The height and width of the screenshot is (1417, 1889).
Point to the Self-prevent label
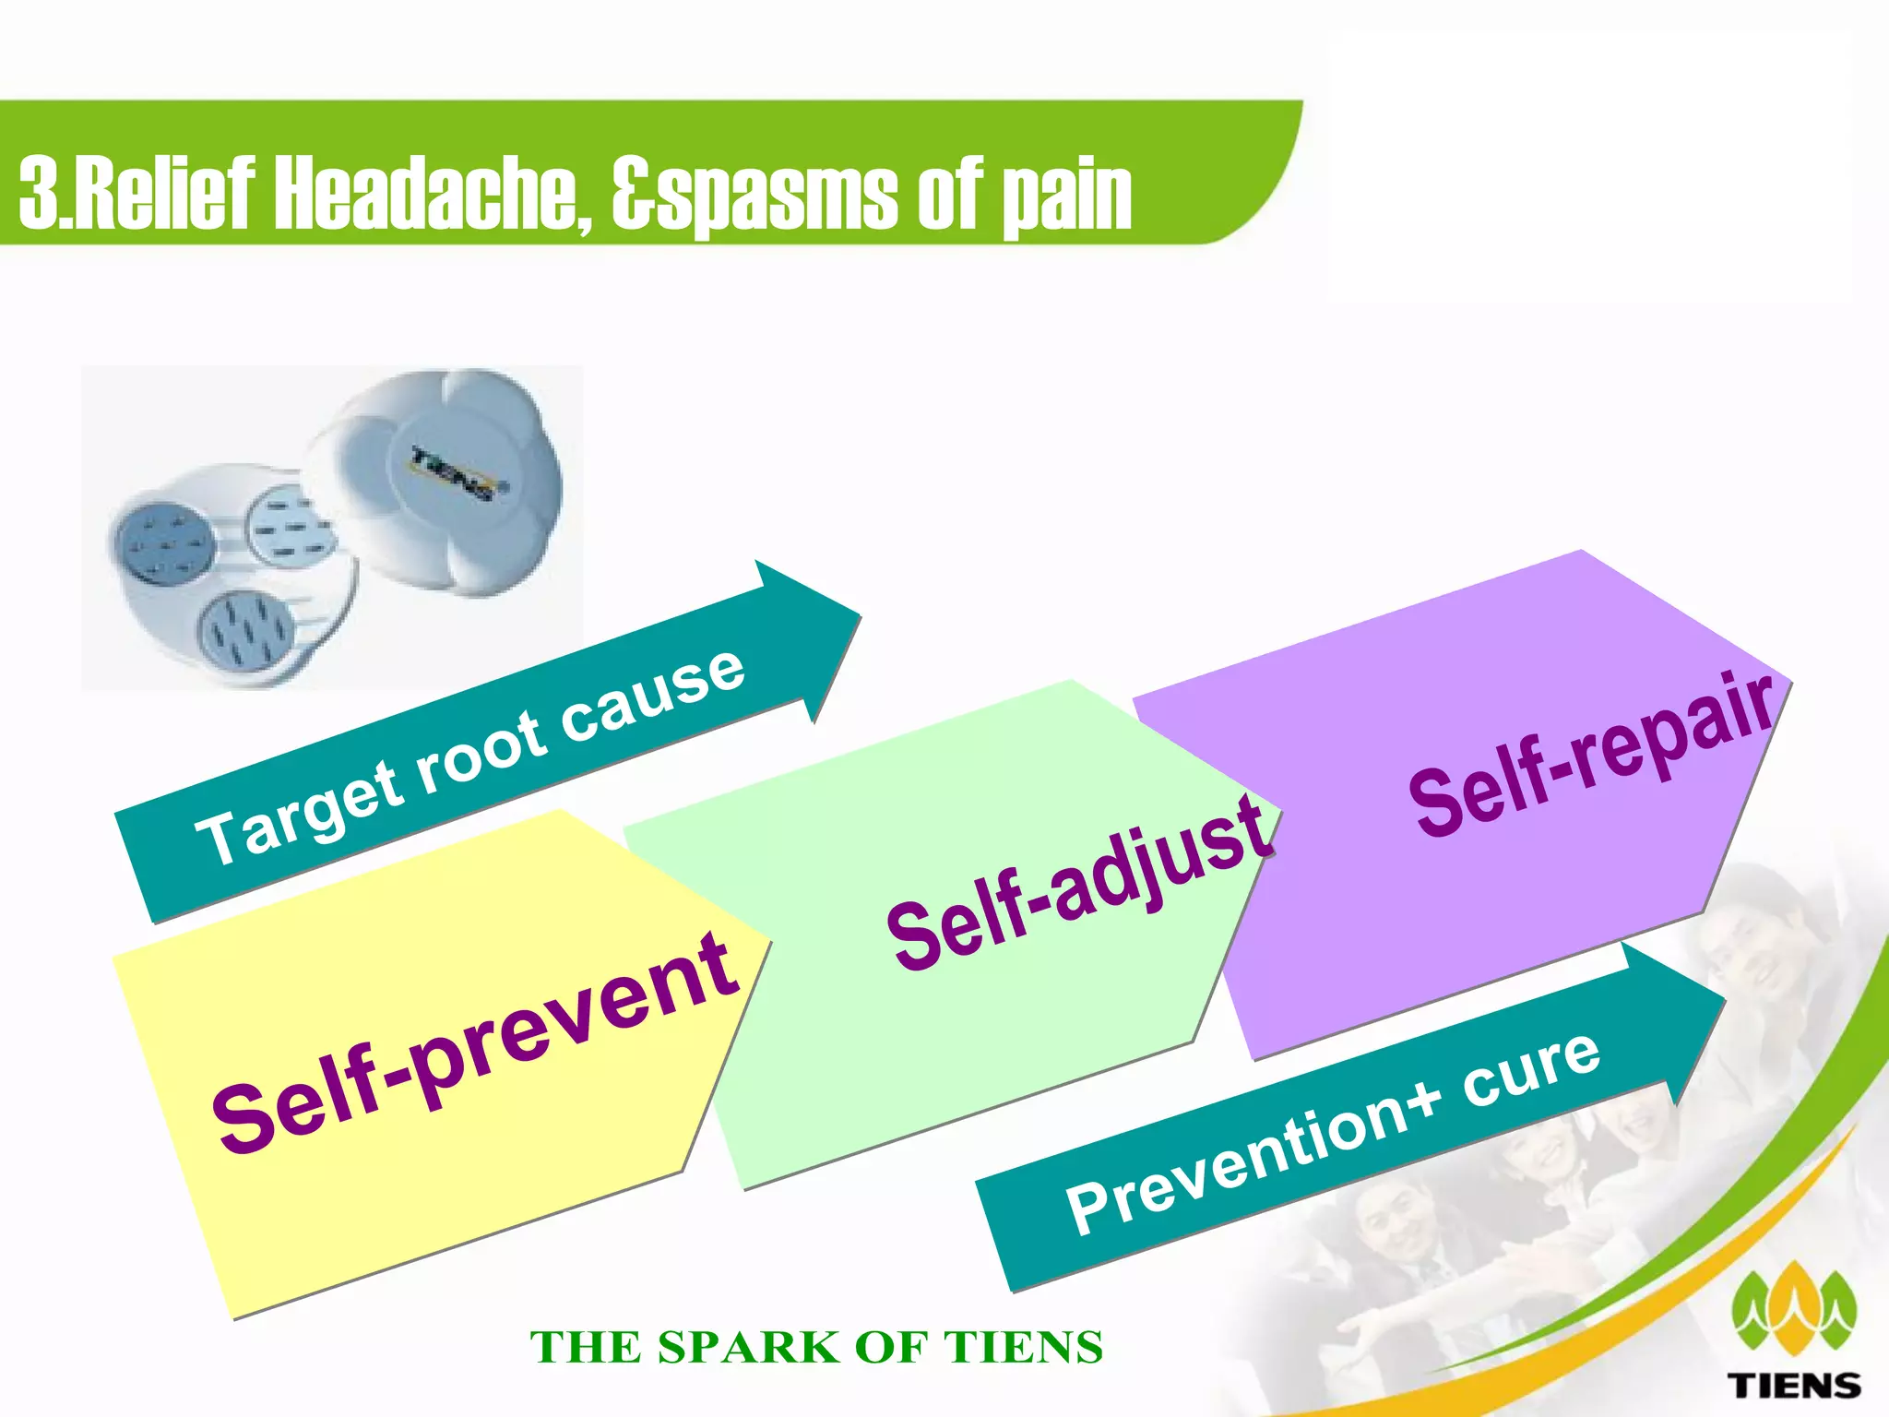(476, 1042)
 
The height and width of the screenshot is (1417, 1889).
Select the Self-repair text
(1590, 751)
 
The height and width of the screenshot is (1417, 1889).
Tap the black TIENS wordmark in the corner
(1793, 1385)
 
